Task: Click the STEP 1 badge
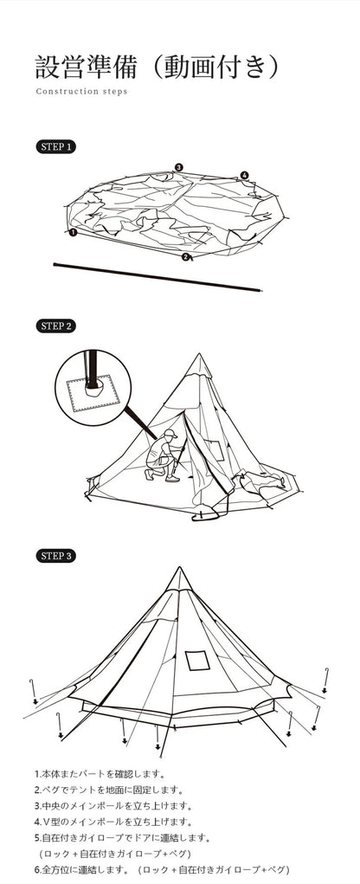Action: (55, 147)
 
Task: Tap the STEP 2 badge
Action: (55, 326)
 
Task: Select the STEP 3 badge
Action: (55, 556)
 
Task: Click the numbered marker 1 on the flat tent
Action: (73, 232)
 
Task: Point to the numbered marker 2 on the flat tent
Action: (185, 257)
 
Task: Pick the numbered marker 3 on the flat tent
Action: (178, 167)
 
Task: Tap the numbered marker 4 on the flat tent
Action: (244, 176)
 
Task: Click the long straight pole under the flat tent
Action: (157, 277)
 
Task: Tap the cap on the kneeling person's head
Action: (170, 434)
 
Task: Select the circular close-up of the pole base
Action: (93, 388)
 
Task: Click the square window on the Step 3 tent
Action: (197, 660)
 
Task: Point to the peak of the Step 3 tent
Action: (179, 567)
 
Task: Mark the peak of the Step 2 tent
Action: (199, 353)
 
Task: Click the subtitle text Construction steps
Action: (81, 91)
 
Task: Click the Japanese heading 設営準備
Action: (87, 67)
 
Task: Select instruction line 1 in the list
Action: (100, 774)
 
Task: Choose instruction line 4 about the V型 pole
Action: (113, 822)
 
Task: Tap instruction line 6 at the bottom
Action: (162, 870)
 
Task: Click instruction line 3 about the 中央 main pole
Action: (113, 806)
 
